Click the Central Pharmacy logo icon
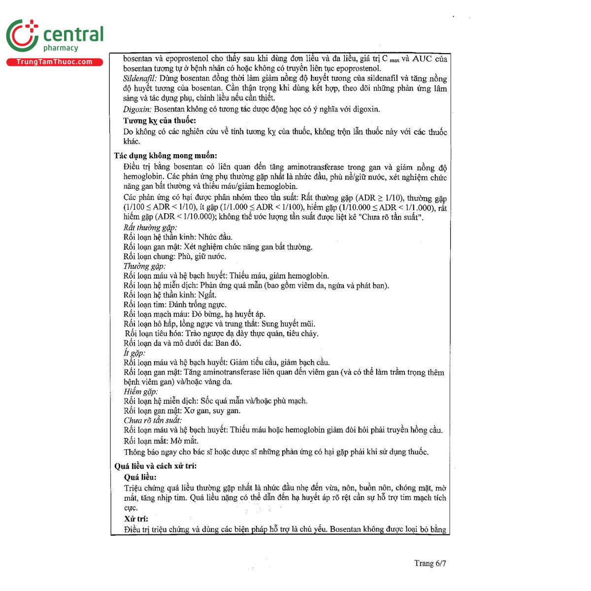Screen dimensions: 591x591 23,36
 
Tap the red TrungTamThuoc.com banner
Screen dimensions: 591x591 54,62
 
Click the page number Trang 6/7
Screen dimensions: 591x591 430,563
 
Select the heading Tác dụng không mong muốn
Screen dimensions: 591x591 165,156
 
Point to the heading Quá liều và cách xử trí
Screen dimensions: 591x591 156,466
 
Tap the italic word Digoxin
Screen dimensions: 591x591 137,109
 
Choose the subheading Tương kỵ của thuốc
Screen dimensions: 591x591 160,121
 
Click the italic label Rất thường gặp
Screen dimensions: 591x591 150,228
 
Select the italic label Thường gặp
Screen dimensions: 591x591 144,266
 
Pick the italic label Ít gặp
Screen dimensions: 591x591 134,353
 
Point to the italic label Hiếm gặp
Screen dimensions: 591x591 141,392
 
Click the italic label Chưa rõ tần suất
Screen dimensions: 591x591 153,421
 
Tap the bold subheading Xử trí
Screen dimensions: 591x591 136,519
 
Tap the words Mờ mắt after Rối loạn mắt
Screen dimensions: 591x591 185,441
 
